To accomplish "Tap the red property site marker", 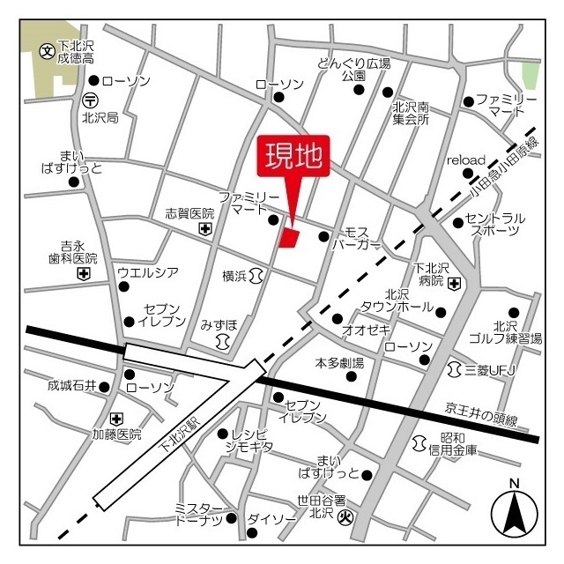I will coord(290,237).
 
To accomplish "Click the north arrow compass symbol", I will coord(513,510).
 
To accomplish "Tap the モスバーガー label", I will coord(356,238).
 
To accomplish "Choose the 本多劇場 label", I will coord(339,362).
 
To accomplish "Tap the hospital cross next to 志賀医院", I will coord(205,229).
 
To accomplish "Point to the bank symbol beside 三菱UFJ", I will coord(456,366).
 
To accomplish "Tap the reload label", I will coord(466,160).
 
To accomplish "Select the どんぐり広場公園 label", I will coord(353,70).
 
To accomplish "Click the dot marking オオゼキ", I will coord(338,319).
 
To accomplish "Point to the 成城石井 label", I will coord(71,386).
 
